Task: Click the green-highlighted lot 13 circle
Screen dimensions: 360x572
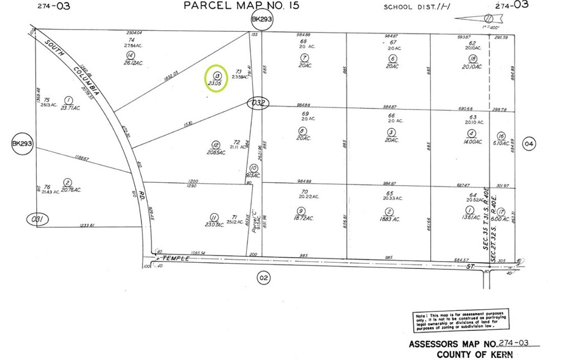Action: click(216, 78)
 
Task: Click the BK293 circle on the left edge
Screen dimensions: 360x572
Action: click(23, 144)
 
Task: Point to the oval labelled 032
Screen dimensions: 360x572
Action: click(259, 103)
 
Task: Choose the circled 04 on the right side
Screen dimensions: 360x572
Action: click(529, 144)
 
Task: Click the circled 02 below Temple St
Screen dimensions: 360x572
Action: click(264, 276)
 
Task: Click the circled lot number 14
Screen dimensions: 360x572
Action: click(131, 55)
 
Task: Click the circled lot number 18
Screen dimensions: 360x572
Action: click(473, 59)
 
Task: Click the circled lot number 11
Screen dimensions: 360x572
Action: click(213, 217)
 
